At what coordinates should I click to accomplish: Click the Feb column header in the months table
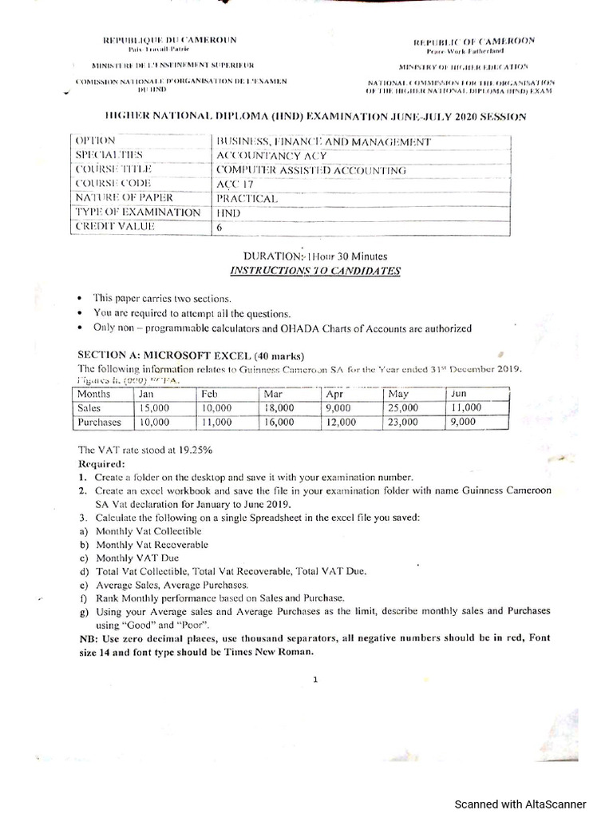click(209, 394)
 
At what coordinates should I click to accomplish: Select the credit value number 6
click(219, 227)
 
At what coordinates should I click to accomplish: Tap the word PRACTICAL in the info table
click(247, 198)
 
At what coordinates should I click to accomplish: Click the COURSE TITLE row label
click(113, 169)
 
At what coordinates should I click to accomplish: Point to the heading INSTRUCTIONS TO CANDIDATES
click(315, 271)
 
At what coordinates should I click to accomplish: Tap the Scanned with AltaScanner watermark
click(520, 804)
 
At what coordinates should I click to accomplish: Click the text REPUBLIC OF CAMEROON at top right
click(474, 41)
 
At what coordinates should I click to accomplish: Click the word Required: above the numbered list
click(101, 463)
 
